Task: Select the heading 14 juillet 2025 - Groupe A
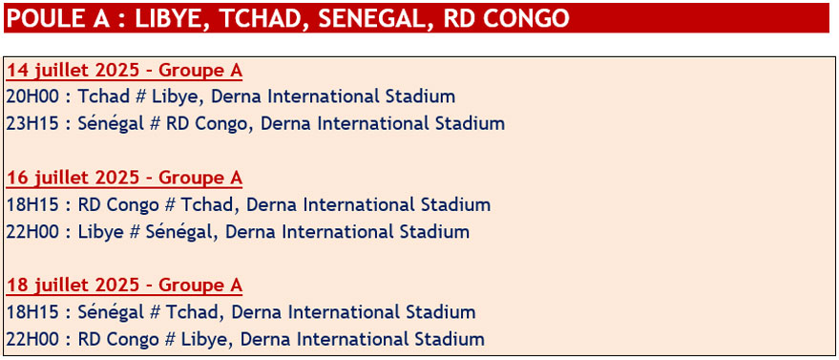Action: (124, 72)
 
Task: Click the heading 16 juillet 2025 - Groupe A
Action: (124, 179)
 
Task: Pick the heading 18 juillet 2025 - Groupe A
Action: (124, 286)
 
